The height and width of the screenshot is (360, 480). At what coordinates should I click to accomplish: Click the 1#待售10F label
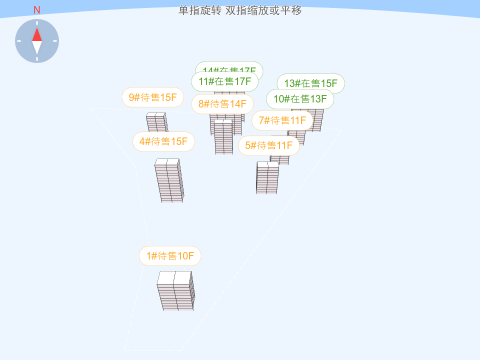tap(170, 256)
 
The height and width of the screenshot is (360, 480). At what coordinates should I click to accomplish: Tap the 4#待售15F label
tap(163, 141)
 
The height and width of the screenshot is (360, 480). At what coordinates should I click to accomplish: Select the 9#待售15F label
tap(153, 97)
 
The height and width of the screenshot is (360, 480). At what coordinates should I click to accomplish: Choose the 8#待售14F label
tap(222, 104)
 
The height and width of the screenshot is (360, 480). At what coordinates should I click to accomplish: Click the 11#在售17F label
tap(225, 81)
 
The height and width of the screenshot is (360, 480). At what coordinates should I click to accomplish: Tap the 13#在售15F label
tap(311, 83)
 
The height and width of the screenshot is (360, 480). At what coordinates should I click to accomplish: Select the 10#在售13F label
tap(300, 99)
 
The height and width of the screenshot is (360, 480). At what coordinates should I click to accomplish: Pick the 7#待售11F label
tap(282, 120)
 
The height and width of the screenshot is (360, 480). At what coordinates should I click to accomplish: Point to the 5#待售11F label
tap(269, 145)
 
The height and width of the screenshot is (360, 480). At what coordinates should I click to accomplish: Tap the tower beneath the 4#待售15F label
tap(169, 181)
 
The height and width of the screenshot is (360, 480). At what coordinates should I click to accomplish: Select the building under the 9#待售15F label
tap(156, 121)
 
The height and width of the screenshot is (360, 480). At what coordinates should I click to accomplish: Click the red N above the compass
tap(37, 10)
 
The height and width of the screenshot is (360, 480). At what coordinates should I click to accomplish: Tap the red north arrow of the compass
tap(37, 34)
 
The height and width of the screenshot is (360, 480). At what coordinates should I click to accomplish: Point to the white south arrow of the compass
tap(37, 47)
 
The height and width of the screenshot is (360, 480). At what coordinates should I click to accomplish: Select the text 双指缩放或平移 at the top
tap(264, 10)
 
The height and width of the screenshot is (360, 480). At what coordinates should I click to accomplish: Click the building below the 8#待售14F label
tap(223, 136)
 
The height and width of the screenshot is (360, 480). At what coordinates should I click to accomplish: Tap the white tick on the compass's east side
tap(55, 41)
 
